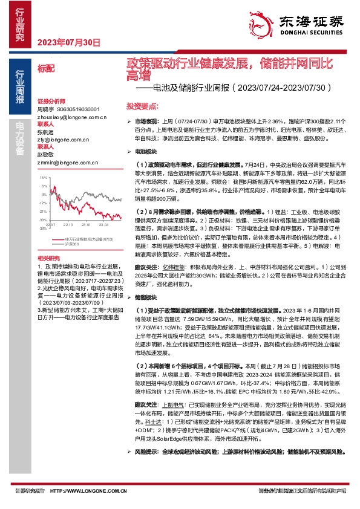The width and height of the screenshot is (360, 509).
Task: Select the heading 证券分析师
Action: [50, 101]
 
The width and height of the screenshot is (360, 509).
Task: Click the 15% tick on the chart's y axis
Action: [43, 178]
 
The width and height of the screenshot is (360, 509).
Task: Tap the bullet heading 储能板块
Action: [146, 298]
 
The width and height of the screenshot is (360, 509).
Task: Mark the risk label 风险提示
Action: [146, 468]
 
